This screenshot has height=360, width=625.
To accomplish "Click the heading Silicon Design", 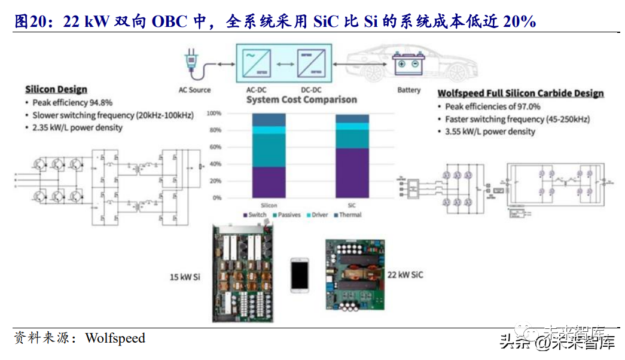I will [56, 90].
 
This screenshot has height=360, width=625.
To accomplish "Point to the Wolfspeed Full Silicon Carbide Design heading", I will [520, 93].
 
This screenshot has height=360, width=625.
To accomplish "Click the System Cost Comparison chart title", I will [301, 100].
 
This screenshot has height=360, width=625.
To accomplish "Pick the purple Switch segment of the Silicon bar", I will [269, 182].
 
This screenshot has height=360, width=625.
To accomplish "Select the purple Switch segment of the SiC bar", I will [352, 173].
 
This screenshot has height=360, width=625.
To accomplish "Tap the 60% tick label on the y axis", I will [214, 147].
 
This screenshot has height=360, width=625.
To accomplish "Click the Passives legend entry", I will [286, 215].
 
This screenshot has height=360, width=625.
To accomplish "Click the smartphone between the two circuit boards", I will [300, 275].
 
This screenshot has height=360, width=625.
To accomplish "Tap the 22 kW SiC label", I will [405, 274].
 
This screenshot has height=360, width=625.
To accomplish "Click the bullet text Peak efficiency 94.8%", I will [72, 103].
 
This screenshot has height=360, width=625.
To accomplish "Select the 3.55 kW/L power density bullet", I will [490, 132].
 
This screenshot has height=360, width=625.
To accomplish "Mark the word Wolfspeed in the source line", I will [115, 338].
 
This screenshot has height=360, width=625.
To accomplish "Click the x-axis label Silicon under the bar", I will [269, 205].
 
